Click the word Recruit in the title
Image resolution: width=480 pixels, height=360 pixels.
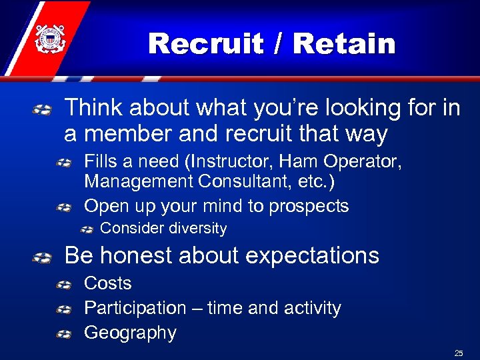coord(207,44)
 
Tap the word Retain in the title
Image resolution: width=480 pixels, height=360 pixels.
coord(344,44)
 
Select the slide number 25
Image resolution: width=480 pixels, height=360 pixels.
coord(458,352)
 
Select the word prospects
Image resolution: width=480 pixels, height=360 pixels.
coord(305,206)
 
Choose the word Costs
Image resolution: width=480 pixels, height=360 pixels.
coord(107,283)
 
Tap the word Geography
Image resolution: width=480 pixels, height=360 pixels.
coord(130,333)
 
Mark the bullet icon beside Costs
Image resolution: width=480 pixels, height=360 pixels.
coord(64,285)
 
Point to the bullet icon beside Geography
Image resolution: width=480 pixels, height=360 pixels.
coord(64,335)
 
